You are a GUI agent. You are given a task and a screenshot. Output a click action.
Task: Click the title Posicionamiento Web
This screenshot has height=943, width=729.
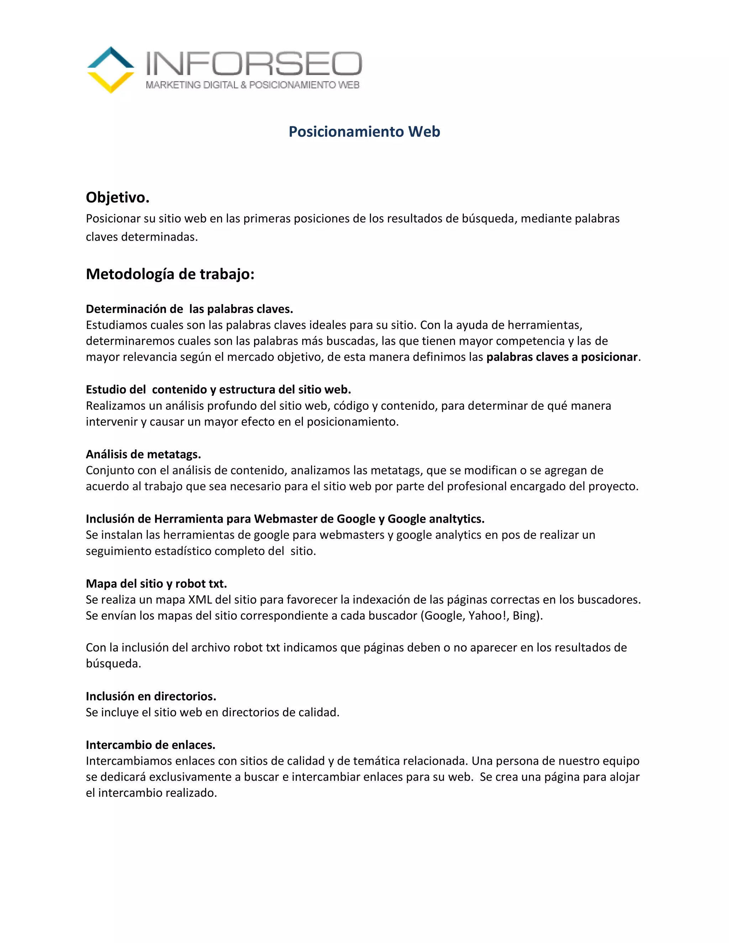364,132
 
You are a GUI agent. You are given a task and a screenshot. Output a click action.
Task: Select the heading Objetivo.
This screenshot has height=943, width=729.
117,198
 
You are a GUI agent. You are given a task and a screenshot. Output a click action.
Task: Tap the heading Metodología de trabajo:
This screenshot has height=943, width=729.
170,274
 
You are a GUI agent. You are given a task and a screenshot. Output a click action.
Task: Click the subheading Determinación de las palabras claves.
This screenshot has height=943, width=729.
189,309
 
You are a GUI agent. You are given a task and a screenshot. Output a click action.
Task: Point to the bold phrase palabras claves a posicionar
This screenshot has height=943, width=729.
561,357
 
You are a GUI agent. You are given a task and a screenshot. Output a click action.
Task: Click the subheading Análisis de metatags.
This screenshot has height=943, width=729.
143,454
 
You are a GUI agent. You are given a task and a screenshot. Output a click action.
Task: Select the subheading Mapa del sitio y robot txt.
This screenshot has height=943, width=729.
156,584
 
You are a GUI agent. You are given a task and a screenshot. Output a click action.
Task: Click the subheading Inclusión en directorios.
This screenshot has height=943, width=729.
151,696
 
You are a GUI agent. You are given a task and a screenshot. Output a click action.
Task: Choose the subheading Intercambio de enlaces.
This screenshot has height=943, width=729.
150,745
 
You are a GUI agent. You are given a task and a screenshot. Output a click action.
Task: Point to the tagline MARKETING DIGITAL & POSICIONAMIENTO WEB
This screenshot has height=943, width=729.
253,85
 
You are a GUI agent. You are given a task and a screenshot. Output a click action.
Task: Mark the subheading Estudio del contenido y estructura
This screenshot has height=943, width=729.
218,390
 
